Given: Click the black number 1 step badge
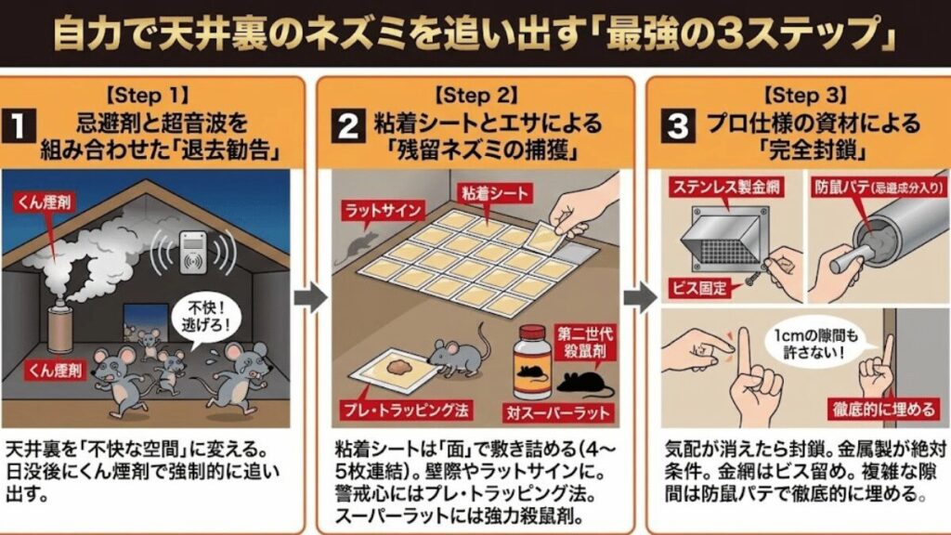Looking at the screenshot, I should pyautogui.click(x=22, y=128).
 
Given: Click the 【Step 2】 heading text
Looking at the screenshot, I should pyautogui.click(x=476, y=96).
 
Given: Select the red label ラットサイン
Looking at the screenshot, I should pyautogui.click(x=370, y=205).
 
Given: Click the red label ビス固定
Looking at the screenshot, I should pyautogui.click(x=697, y=287).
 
